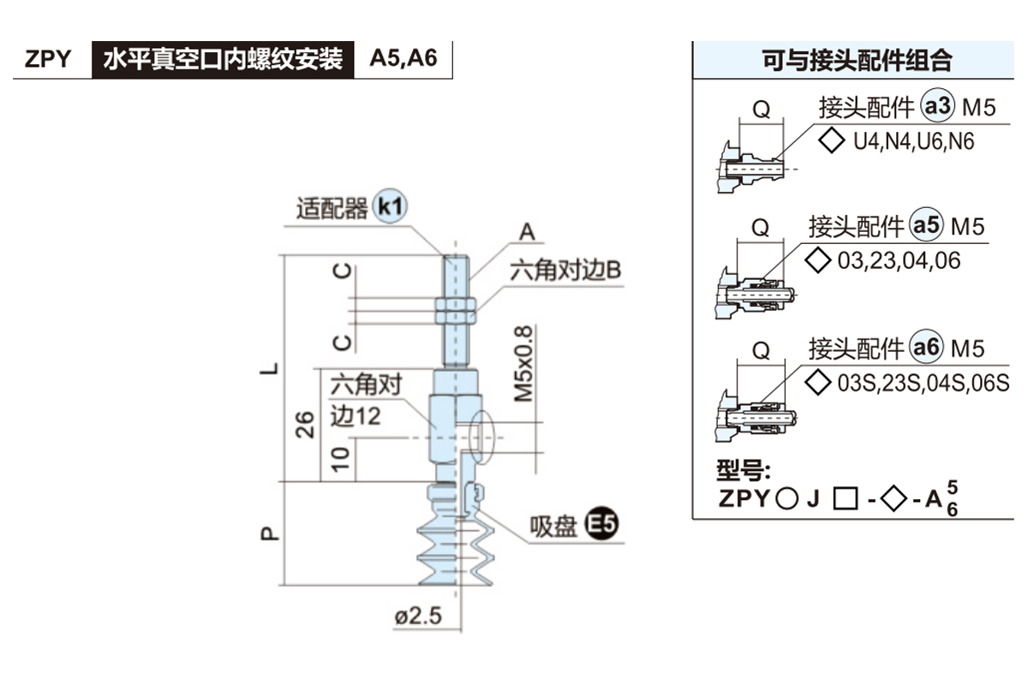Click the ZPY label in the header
pyautogui.click(x=48, y=60)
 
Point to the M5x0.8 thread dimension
pyautogui.click(x=523, y=365)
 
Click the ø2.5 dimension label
pyautogui.click(x=418, y=616)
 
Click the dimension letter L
pyautogui.click(x=270, y=369)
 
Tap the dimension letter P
pyautogui.click(x=270, y=533)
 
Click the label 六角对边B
pyautogui.click(x=565, y=271)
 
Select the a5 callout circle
pyautogui.click(x=926, y=226)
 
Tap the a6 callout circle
pyautogui.click(x=926, y=348)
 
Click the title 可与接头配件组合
pyautogui.click(x=857, y=61)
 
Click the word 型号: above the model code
pyautogui.click(x=743, y=471)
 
